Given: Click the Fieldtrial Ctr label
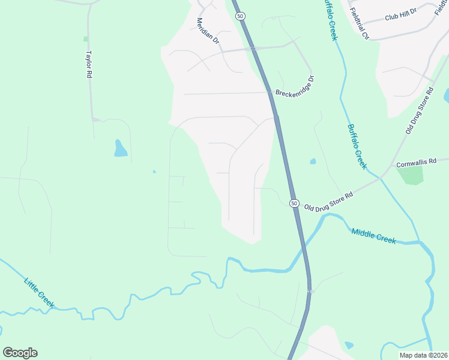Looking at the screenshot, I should point(359,25).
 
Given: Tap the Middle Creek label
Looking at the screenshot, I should point(373,236).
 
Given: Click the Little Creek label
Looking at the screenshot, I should point(39,293).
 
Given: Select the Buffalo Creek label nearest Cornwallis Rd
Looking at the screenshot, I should point(356,146).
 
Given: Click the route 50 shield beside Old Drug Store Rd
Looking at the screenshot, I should point(294,203).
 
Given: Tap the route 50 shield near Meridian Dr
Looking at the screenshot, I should point(240,16).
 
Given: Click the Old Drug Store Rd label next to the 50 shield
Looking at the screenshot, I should point(328,200).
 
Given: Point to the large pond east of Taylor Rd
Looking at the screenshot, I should point(120,148).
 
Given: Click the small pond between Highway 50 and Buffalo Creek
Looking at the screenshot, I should point(313,161).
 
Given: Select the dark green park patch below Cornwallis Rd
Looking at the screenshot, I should point(409,175).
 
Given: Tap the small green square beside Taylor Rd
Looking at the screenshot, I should point(86,39).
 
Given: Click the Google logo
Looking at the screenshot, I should point(20,353).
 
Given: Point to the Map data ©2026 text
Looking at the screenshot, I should point(422,355).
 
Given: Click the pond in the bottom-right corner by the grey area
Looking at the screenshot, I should point(349,345).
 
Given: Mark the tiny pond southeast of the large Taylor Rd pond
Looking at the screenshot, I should point(154,172).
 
